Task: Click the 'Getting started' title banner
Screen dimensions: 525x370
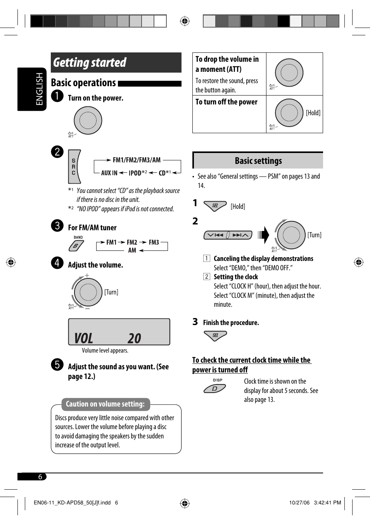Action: pos(116,63)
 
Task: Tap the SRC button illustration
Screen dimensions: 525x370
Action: pos(74,167)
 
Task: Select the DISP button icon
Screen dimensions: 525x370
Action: pos(214,388)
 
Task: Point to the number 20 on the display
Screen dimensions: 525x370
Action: pos(135,339)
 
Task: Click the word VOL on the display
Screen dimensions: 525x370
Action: pos(84,339)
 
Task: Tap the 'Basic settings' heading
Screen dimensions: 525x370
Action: pos(258,161)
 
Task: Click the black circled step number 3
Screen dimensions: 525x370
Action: pos(57,225)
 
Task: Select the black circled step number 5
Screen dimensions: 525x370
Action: pos(57,364)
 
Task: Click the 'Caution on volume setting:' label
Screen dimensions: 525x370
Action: pos(105,404)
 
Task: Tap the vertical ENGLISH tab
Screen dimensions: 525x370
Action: pos(39,89)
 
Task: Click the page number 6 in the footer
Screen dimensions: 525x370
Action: pos(40,477)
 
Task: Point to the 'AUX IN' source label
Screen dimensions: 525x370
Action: pos(109,173)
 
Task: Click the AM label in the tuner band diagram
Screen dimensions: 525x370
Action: pos(132,250)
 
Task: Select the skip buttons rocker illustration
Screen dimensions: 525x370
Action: pos(228,235)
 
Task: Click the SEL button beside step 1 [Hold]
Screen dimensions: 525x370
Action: pos(215,206)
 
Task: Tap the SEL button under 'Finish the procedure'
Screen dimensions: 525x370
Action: pos(215,336)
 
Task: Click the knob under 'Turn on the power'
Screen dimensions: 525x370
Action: pos(88,120)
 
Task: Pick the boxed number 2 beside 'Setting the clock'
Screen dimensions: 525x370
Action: pos(207,277)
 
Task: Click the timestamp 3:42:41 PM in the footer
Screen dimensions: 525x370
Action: pos(327,502)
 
